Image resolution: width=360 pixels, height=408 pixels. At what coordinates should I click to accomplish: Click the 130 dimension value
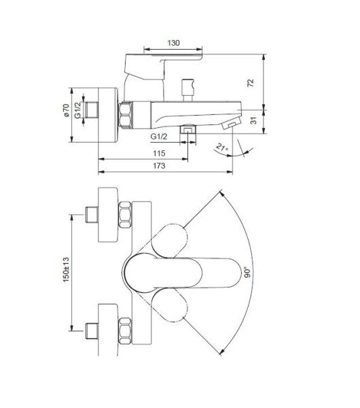[174, 43]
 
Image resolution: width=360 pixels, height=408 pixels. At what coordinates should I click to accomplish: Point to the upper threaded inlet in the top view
[90, 214]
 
